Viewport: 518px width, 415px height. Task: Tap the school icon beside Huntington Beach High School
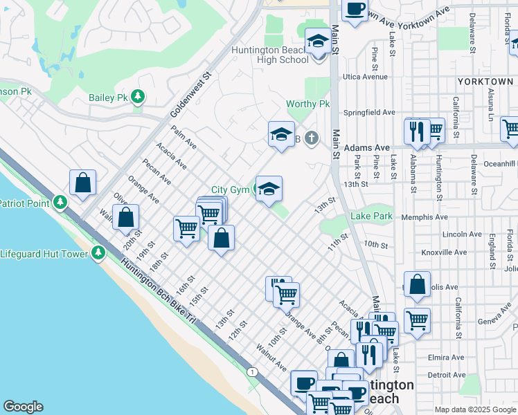[317, 42]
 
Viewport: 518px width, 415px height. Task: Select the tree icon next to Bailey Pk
[139, 96]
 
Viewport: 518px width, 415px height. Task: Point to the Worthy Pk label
[308, 104]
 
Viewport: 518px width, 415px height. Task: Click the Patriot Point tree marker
[61, 203]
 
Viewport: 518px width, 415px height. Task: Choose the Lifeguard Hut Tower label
[44, 254]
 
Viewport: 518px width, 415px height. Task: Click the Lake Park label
[371, 216]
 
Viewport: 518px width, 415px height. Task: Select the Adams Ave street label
[367, 148]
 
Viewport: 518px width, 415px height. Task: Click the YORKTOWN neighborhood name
[485, 82]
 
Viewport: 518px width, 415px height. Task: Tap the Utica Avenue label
[365, 77]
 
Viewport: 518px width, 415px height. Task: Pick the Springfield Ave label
[370, 112]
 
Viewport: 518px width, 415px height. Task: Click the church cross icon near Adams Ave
[312, 138]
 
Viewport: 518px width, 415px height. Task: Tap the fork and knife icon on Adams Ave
[416, 130]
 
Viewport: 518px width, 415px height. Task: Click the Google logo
[23, 407]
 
